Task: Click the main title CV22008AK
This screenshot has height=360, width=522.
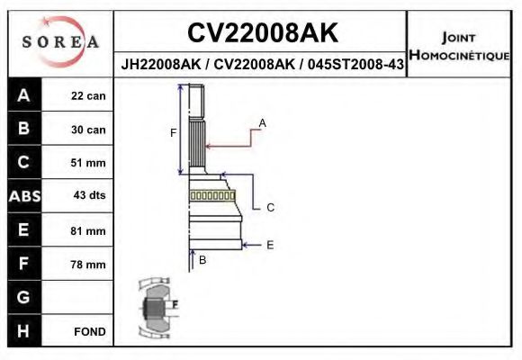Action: pos(262,33)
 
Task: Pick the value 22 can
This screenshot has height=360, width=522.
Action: pos(88,96)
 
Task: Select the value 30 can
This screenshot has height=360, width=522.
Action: pos(88,130)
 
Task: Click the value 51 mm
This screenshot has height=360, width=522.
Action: pos(88,163)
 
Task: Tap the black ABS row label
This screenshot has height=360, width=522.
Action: pos(23,196)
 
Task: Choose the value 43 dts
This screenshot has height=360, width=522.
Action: pos(88,196)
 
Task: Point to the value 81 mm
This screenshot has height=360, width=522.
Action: pos(88,230)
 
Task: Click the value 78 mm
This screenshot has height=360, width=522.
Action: pos(88,265)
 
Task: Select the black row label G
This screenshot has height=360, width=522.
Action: pos(23,298)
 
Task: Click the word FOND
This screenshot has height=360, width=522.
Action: pos(89,332)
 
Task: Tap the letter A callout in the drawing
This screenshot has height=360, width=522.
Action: pos(262,121)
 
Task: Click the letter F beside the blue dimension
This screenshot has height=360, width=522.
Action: pos(173,133)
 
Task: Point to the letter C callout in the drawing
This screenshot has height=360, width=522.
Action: pos(270,207)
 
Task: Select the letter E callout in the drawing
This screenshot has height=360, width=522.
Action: pos(270,244)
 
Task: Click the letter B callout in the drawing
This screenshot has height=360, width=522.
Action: pos(202,260)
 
